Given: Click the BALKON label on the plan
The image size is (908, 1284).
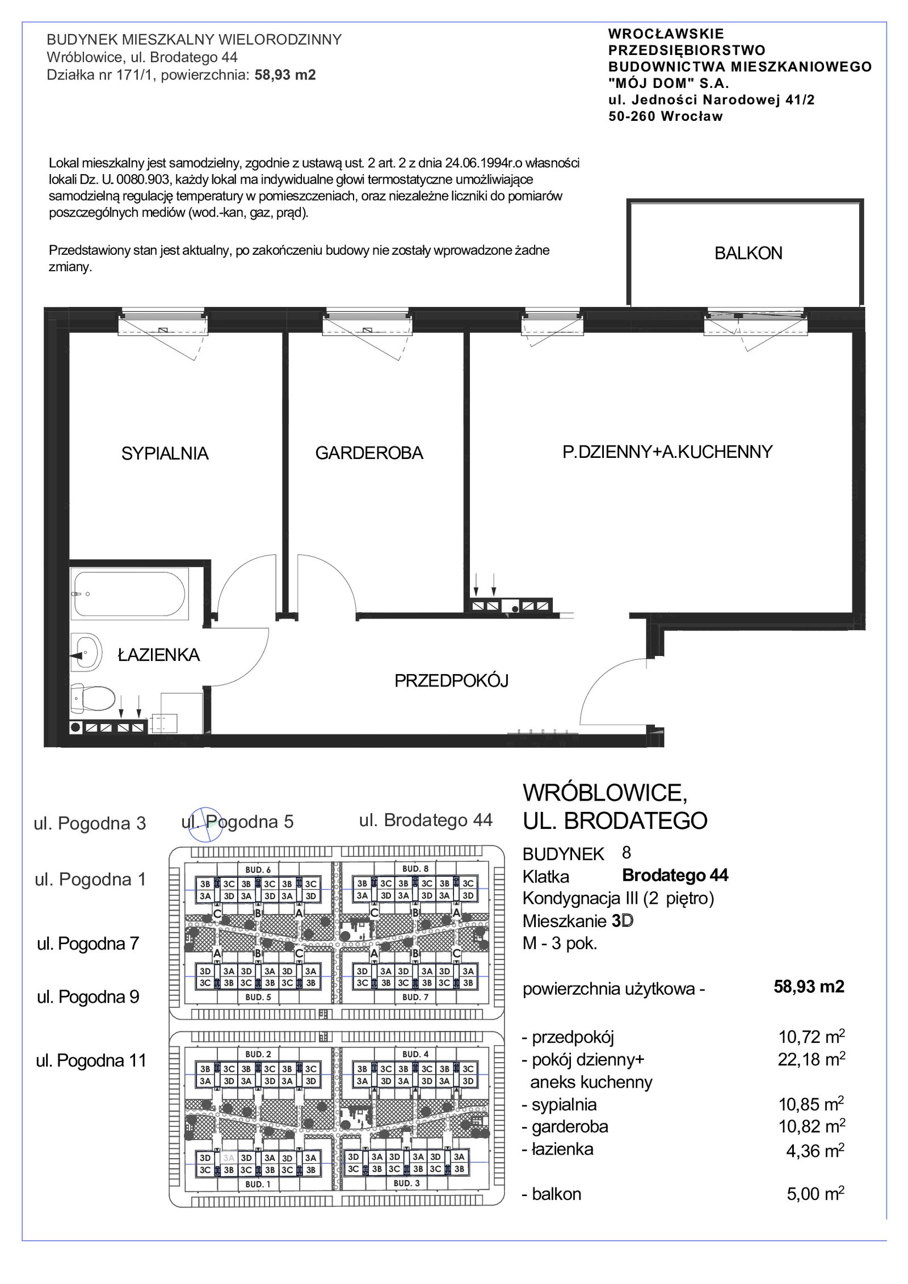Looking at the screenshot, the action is pos(748,253).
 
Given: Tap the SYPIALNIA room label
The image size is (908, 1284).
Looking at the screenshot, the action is pos(165,453).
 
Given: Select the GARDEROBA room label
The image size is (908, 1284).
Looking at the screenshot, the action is pos(369,453).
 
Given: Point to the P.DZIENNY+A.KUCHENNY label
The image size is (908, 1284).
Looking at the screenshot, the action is pos(667,452).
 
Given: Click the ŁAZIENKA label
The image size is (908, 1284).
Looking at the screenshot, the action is pos(158,655).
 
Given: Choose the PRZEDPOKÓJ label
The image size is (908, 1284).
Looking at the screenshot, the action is pos(451,680).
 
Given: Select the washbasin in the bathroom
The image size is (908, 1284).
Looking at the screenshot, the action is pos(86,655).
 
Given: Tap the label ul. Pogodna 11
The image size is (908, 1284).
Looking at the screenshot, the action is pos(91,1060).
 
